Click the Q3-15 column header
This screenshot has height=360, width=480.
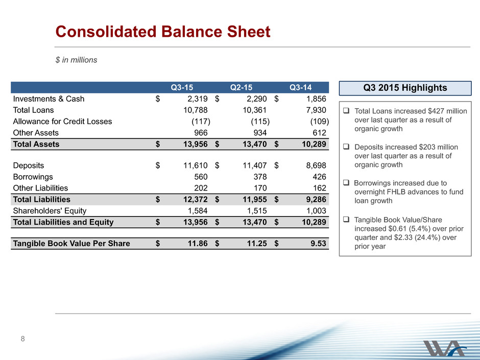point(182,87)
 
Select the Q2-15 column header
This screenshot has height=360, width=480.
point(241,87)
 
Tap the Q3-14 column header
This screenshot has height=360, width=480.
point(301,87)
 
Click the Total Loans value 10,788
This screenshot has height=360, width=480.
point(195,110)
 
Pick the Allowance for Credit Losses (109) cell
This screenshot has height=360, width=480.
point(320,122)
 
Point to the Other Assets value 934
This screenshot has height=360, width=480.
point(260,133)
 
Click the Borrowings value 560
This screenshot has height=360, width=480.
point(201,177)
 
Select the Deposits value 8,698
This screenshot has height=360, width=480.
point(316,165)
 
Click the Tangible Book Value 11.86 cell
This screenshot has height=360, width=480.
point(198,244)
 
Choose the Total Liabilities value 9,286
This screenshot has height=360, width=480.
point(316,199)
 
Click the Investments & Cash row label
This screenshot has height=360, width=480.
point(49,99)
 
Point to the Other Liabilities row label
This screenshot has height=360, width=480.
point(40,188)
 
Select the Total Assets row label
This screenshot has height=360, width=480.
point(36,144)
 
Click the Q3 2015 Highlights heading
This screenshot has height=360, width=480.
point(405,88)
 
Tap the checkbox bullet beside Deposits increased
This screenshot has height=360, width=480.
point(346,147)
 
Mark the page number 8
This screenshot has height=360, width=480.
point(22,339)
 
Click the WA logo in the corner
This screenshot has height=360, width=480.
point(445,348)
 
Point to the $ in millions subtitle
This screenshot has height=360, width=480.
point(76,60)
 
